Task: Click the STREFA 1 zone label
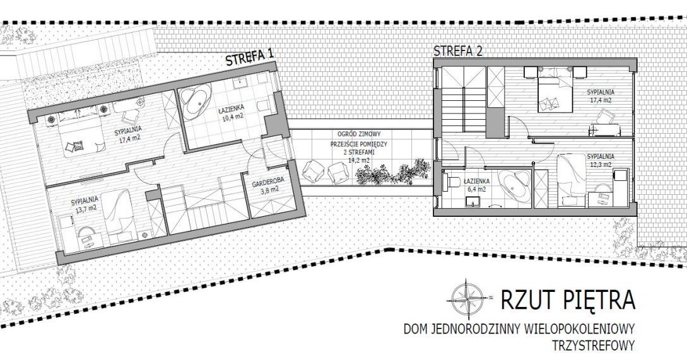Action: tap(250, 57)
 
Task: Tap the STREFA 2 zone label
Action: tap(458, 51)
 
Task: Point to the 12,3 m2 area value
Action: tap(600, 165)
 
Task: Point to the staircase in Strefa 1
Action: tap(204, 203)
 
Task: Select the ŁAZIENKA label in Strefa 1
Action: tap(231, 107)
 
